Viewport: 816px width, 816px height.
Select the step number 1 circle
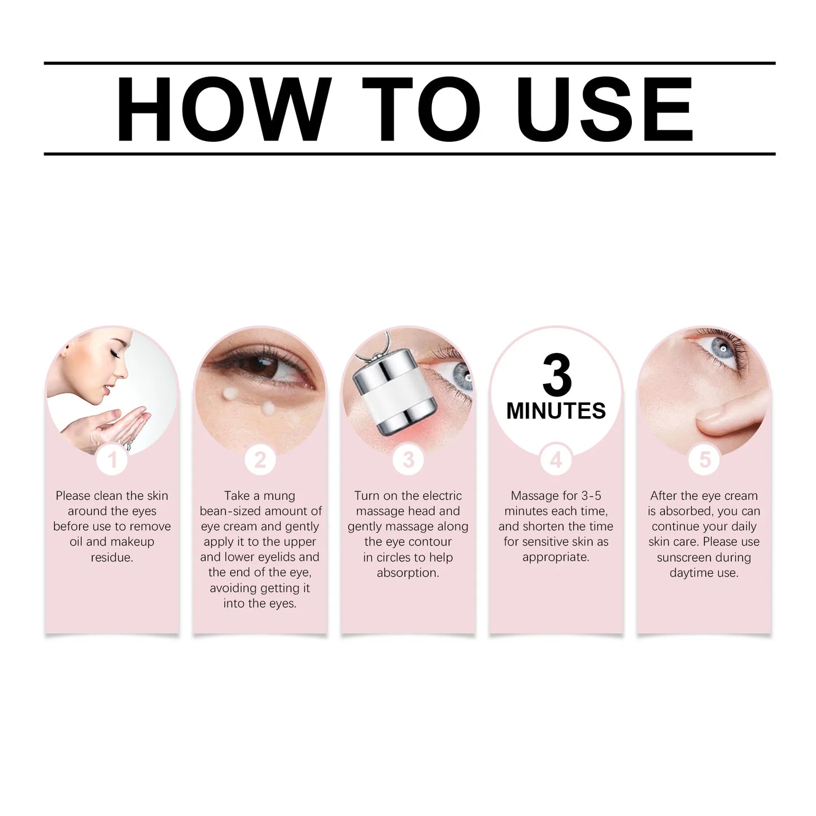(112, 460)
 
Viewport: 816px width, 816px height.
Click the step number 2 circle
(260, 460)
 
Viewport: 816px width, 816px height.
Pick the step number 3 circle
(408, 460)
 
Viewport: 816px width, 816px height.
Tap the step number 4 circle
(556, 460)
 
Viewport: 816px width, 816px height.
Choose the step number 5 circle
(704, 460)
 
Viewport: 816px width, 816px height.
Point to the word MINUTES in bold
(556, 411)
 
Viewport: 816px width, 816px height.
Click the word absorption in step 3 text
(408, 573)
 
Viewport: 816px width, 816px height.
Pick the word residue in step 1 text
(112, 557)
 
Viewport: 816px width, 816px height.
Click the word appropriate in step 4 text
(555, 557)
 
